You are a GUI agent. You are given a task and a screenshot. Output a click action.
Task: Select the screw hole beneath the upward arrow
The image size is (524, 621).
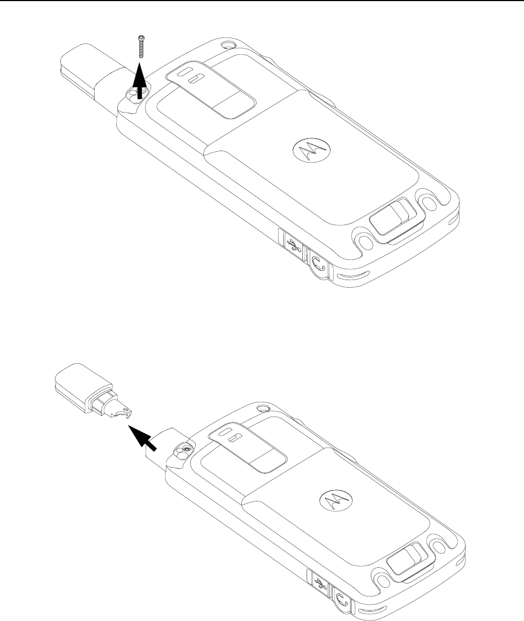[x=132, y=95]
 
